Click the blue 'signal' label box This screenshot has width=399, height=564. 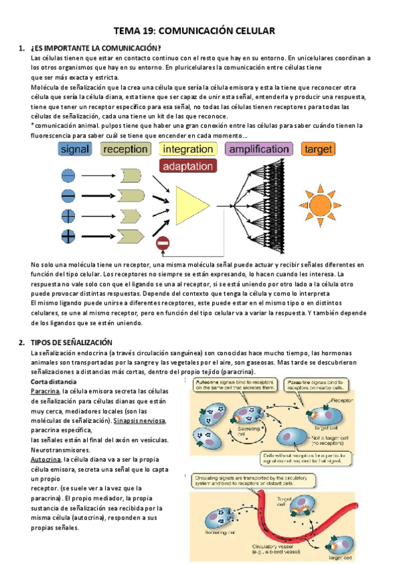point(74,150)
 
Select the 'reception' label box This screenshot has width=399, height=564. point(125,150)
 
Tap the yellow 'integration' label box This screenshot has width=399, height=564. point(188,150)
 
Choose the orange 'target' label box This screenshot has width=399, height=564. point(319,150)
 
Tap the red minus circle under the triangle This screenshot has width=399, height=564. point(162,245)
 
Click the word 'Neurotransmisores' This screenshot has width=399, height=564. point(64,450)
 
